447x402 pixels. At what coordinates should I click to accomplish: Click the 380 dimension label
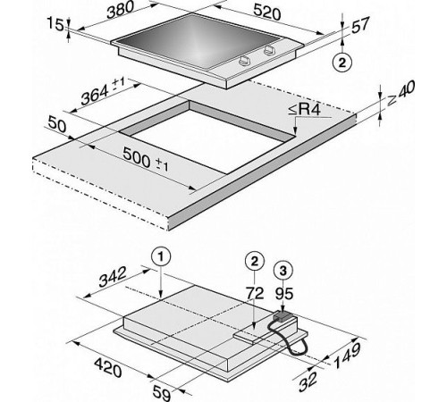[121, 10]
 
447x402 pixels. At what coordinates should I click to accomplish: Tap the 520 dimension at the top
[267, 13]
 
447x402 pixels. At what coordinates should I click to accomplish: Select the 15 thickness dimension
[55, 24]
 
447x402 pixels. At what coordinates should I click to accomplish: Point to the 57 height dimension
[360, 24]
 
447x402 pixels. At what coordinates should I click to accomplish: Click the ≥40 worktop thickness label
[401, 93]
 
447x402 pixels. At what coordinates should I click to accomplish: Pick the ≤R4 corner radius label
[304, 109]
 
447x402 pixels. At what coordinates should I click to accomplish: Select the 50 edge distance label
[56, 124]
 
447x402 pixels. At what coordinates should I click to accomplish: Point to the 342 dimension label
[113, 277]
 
